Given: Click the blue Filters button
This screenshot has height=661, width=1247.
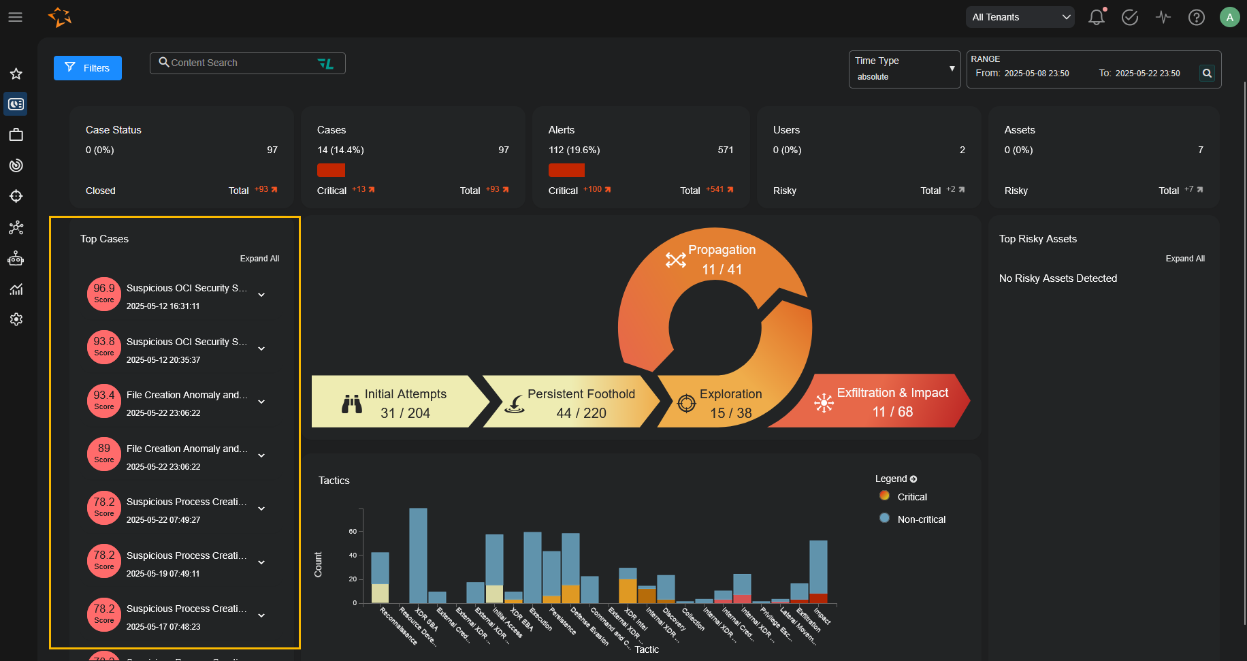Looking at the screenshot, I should tap(88, 68).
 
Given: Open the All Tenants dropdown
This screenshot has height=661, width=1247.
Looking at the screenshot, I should tap(1020, 17).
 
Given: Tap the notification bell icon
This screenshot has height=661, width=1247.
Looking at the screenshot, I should tap(1096, 18).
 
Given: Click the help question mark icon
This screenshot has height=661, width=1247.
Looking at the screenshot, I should tap(1196, 18).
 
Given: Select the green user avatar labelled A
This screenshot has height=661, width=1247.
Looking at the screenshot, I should tap(1229, 18).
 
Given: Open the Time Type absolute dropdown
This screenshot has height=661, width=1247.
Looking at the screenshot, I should tap(904, 69).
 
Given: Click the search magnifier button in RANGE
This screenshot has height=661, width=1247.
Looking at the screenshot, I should tap(1207, 73).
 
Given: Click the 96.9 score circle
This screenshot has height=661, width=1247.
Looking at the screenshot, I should tap(104, 293).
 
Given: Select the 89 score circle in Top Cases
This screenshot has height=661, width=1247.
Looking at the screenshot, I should tap(104, 454).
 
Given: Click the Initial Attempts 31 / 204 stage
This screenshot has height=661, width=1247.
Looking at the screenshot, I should tap(398, 403).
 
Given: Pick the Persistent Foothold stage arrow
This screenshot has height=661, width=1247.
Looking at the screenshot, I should tap(572, 403).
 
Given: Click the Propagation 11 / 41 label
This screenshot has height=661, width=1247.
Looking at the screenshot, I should tap(722, 259).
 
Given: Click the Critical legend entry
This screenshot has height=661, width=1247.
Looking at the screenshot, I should tap(911, 497).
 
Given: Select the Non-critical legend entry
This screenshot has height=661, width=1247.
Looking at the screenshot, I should tap(920, 519).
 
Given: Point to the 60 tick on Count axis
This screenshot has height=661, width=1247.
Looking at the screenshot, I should tap(353, 532).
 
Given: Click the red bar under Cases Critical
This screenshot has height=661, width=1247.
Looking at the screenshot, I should tap(331, 170).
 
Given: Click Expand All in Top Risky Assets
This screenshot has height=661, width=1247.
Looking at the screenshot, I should tap(1184, 259).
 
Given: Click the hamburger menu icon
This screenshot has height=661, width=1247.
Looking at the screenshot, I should tap(16, 17).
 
